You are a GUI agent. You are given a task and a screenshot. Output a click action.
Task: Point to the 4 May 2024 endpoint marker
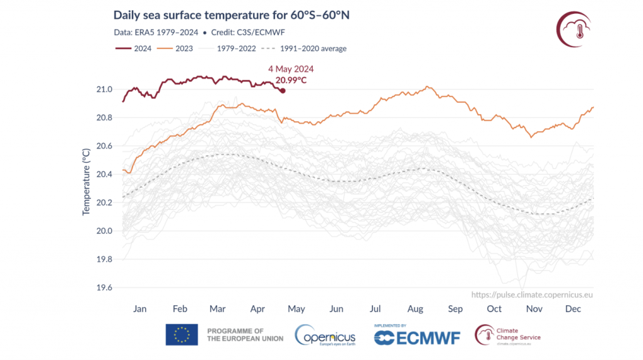point(283,90)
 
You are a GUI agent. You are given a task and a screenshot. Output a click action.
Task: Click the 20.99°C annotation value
point(291,80)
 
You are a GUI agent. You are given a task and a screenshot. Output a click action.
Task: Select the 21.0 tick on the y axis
point(104,89)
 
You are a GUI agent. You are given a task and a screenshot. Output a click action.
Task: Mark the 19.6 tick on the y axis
point(104,288)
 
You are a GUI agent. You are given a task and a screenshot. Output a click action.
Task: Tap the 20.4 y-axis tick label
point(104,174)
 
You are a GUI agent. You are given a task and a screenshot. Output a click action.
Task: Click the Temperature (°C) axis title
point(86,182)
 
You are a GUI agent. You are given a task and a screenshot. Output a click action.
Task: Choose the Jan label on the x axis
point(139,308)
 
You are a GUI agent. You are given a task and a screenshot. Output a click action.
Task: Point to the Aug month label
point(415,308)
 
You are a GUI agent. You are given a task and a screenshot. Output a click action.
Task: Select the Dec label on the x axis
point(573,308)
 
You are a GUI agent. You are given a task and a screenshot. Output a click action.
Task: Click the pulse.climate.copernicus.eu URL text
point(532,294)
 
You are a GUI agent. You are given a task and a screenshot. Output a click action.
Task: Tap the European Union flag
point(181,335)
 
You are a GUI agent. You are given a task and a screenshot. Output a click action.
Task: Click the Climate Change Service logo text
point(518,334)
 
